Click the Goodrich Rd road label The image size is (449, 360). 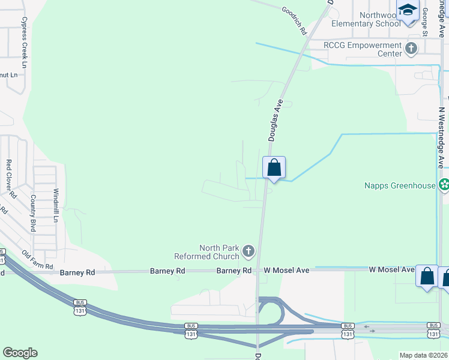click(x=294, y=20)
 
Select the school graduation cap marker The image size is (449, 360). click(x=408, y=11)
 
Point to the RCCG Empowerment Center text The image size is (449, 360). click(x=363, y=49)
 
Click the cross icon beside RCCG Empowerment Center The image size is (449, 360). click(x=411, y=49)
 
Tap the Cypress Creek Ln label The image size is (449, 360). click(x=25, y=42)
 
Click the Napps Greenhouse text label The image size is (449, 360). click(x=400, y=185)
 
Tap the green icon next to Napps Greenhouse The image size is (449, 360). click(x=444, y=185)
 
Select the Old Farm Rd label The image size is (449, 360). click(x=37, y=260)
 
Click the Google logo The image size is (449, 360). click(x=20, y=353)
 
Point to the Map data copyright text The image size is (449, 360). click(x=423, y=355)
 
